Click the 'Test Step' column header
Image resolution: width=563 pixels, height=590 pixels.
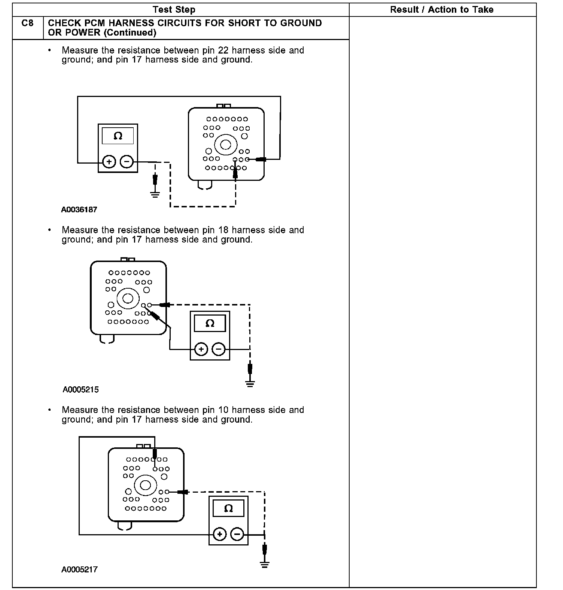click(x=174, y=10)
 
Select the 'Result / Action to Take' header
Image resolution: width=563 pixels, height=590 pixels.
click(x=442, y=10)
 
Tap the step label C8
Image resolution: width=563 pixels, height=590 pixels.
click(x=28, y=23)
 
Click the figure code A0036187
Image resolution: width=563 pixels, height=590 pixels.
click(x=79, y=210)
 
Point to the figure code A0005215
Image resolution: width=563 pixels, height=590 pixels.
click(x=80, y=390)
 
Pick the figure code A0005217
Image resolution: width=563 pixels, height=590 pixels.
click(x=79, y=570)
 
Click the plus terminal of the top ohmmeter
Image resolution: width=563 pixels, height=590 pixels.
click(x=109, y=162)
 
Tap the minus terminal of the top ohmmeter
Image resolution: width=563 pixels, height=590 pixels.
click(x=127, y=162)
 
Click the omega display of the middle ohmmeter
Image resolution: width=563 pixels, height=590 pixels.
click(x=210, y=323)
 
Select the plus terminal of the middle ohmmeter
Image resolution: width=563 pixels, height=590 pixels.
click(x=201, y=349)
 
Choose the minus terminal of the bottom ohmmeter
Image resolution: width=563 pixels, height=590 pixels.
click(x=237, y=534)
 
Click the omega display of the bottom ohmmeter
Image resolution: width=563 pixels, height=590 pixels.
click(x=228, y=508)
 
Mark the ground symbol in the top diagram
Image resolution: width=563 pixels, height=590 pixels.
click(x=155, y=194)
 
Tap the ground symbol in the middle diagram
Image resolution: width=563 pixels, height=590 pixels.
click(x=250, y=383)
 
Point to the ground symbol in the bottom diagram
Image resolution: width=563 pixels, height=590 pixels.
click(x=265, y=565)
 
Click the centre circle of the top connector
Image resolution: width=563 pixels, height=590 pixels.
click(x=225, y=145)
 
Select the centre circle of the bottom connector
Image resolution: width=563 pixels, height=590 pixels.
click(x=145, y=485)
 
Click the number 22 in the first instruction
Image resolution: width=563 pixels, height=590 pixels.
click(x=223, y=51)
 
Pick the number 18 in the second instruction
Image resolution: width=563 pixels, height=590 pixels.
click(x=223, y=230)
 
